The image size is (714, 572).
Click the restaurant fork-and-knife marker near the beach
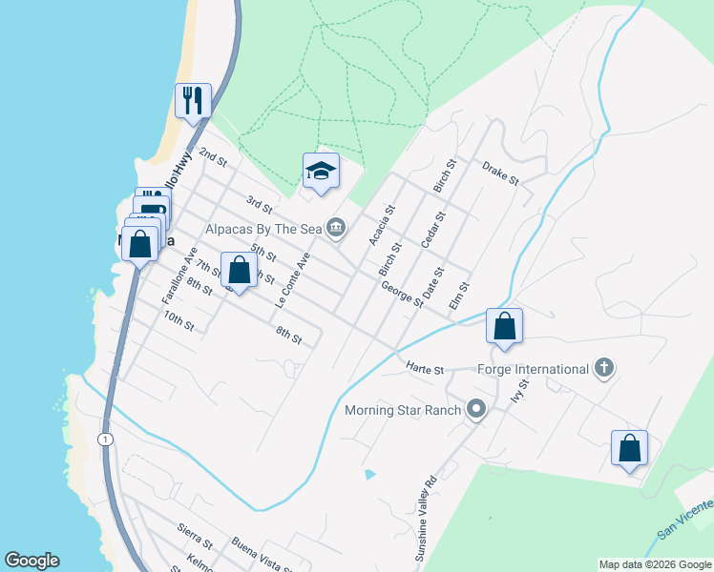pyautogui.click(x=193, y=100)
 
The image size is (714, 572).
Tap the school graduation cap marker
pyautogui.click(x=321, y=171)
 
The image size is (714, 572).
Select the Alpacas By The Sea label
pyautogui.click(x=264, y=229)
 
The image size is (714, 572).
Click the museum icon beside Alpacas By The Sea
pyautogui.click(x=336, y=227)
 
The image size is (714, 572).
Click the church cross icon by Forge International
pyautogui.click(x=603, y=368)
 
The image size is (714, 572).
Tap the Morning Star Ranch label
pyautogui.click(x=404, y=412)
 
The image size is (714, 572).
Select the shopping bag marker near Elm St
pyautogui.click(x=504, y=325)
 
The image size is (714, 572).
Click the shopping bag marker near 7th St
pyautogui.click(x=239, y=270)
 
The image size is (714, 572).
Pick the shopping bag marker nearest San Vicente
pyautogui.click(x=630, y=447)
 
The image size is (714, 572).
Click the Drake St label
pyautogui.click(x=499, y=173)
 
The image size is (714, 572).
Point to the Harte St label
pyautogui.click(x=426, y=367)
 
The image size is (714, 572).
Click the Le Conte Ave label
pyautogui.click(x=293, y=279)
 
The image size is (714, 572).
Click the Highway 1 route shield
pyautogui.click(x=103, y=438)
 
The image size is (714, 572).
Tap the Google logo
pyautogui.click(x=31, y=561)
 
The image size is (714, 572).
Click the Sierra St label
pyautogui.click(x=194, y=530)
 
